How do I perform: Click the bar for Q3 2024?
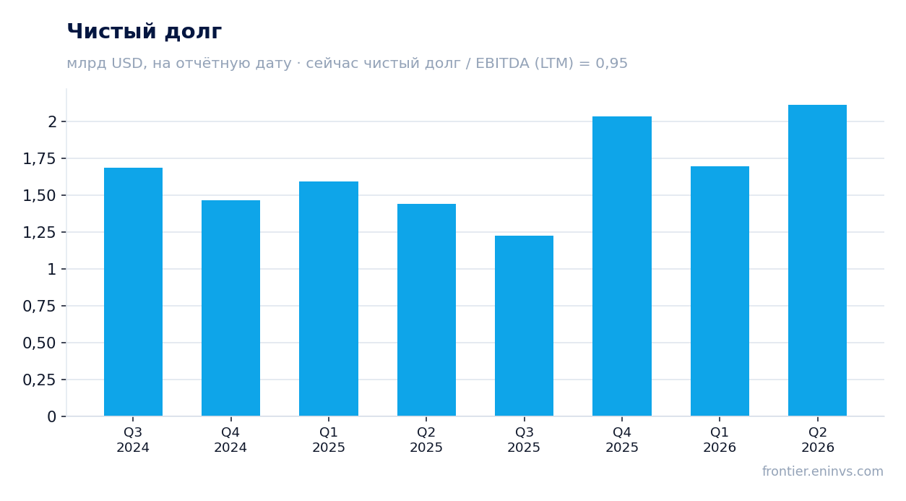(x=133, y=292)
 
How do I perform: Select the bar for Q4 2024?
(x=231, y=308)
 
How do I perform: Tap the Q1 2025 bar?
(x=329, y=299)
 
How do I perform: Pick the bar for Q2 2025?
(x=426, y=310)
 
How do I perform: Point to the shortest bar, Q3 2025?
(x=525, y=326)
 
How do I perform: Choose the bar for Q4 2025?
(x=622, y=266)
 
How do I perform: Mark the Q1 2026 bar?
(x=720, y=291)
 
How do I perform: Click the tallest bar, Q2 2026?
(x=817, y=260)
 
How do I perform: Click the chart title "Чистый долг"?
(x=144, y=31)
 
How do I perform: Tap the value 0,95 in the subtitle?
(x=611, y=64)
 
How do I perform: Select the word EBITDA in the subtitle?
(x=502, y=63)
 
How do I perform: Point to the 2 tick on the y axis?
(x=52, y=121)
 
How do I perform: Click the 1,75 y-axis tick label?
(x=39, y=158)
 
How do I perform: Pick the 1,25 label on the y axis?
(x=39, y=232)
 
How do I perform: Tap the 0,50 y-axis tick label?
(x=39, y=343)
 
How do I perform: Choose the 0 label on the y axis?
(x=52, y=417)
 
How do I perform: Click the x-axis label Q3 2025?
(x=525, y=440)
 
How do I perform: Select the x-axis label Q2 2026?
(x=817, y=440)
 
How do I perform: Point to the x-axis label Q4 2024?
(x=230, y=440)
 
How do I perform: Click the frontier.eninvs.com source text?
(x=823, y=471)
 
